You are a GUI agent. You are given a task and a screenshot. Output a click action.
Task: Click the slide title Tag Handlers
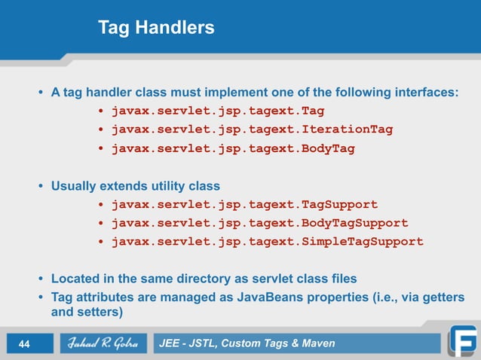tap(156, 28)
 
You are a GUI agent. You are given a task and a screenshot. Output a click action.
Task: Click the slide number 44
tap(23, 345)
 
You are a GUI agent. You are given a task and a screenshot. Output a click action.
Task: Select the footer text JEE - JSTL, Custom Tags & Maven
tap(247, 344)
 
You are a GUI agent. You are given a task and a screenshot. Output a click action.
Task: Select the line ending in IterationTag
tap(252, 130)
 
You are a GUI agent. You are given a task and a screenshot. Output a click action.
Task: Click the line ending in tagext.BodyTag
tap(233, 148)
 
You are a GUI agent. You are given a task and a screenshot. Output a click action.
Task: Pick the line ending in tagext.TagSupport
tap(244, 204)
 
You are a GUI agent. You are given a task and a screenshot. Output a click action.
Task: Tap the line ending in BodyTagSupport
tap(259, 223)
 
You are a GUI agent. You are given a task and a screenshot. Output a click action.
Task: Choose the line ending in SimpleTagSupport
tap(267, 242)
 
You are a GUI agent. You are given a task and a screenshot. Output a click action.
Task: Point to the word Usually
tap(74, 185)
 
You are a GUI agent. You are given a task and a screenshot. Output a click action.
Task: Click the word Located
tap(75, 279)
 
